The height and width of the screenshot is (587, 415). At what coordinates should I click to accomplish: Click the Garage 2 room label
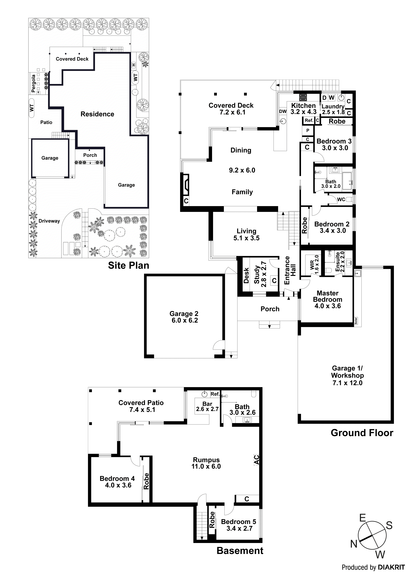coord(184,314)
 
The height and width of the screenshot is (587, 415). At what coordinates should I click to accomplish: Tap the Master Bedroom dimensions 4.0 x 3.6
coord(327,306)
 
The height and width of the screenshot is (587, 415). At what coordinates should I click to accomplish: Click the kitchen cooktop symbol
coord(303,97)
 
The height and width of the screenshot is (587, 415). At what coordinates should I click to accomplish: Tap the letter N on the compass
coord(354,544)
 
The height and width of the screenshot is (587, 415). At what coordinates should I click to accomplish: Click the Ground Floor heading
coord(362,433)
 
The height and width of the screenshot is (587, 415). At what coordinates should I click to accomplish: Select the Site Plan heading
coord(128,265)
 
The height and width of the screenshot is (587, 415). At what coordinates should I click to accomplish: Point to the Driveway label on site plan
coord(49,221)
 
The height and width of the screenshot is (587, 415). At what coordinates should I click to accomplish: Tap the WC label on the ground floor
coord(341,199)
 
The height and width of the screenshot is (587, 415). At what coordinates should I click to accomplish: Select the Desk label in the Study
coord(246,276)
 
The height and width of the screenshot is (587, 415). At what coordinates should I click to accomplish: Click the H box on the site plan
coord(134,65)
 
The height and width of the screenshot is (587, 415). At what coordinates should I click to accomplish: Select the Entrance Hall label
coord(290,270)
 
